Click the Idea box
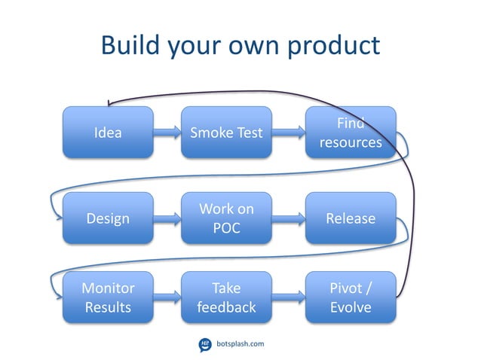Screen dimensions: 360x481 click(x=108, y=133)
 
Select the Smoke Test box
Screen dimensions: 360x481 click(x=226, y=133)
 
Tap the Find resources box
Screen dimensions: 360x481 click(x=351, y=133)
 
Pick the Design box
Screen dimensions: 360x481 click(x=108, y=218)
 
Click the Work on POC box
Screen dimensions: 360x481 click(x=226, y=218)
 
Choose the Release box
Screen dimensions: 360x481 click(x=351, y=218)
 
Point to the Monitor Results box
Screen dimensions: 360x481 click(x=108, y=298)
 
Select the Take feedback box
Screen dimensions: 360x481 click(x=226, y=298)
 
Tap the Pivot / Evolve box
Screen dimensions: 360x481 click(x=351, y=298)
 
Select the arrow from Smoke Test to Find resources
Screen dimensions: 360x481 click(x=289, y=133)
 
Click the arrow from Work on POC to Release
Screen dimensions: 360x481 click(x=289, y=218)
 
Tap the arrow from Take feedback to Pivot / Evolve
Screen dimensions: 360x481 click(x=289, y=298)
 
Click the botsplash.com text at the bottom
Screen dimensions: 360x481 click(x=240, y=344)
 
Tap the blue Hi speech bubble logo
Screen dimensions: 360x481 click(x=204, y=344)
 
